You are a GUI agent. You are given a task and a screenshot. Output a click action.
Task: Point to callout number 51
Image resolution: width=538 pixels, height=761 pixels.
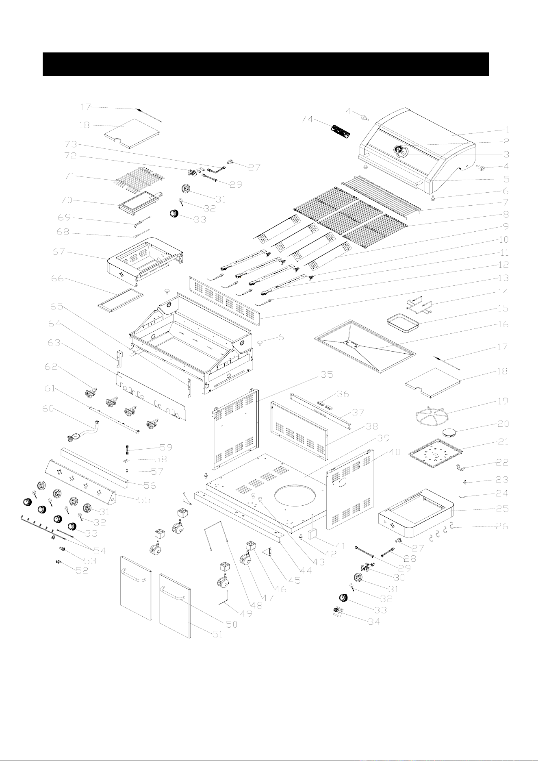[x=218, y=634]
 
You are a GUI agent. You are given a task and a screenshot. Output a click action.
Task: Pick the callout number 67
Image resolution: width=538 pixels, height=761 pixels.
[x=58, y=252]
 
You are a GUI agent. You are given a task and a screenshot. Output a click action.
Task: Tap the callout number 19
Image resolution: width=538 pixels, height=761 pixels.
[x=503, y=401]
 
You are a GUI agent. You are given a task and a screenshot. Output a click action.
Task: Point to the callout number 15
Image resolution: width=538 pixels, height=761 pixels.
[x=503, y=308]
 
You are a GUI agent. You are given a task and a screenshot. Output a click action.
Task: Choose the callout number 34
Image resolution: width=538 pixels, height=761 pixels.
[x=374, y=621]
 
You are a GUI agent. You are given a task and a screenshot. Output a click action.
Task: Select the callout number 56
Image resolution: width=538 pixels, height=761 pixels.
[x=150, y=485]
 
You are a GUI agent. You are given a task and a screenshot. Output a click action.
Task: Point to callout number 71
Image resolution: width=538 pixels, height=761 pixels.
[x=71, y=176]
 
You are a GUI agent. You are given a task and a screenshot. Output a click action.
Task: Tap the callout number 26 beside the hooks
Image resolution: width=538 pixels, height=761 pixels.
[x=503, y=526]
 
